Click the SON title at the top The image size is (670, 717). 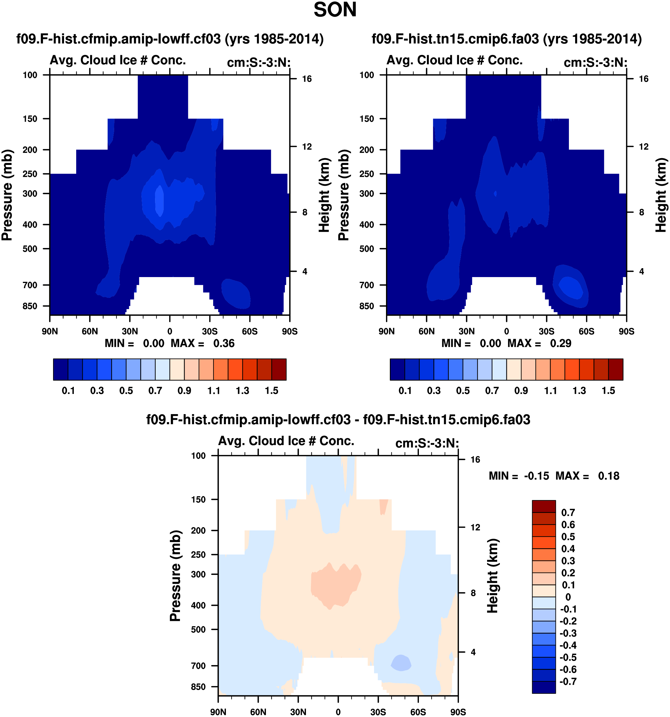click(x=335, y=10)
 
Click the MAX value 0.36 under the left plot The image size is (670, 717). click(x=224, y=343)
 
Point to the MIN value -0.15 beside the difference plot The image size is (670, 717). click(x=536, y=476)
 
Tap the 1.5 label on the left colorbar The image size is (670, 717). click(x=271, y=391)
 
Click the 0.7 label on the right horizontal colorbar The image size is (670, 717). click(x=492, y=391)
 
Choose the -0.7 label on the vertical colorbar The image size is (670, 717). click(x=568, y=682)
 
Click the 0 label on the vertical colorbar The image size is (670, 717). click(x=568, y=597)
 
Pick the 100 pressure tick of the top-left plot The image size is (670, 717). click(x=30, y=75)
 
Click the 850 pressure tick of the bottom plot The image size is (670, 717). click(x=198, y=687)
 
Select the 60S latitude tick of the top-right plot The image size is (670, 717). click(x=586, y=331)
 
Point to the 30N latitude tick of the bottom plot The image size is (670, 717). click(x=298, y=712)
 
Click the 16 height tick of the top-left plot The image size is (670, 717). click(x=307, y=79)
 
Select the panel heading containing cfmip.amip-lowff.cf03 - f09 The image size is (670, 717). click(x=338, y=420)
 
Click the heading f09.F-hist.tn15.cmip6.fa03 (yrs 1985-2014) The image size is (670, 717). click(x=507, y=39)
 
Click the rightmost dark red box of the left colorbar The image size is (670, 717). click(x=279, y=369)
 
